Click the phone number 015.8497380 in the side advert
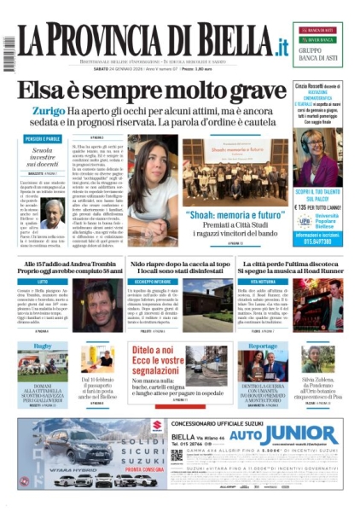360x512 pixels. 322,241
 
